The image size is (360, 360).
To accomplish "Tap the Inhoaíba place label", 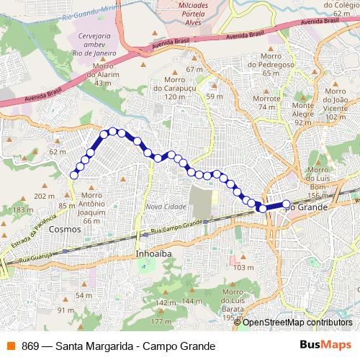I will coord(152,254).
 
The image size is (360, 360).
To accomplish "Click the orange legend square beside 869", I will coord(9,346).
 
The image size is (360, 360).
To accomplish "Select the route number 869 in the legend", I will coord(30,346).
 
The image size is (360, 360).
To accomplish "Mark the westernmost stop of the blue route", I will coord(73,174).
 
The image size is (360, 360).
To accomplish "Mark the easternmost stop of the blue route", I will coord(286,204).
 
